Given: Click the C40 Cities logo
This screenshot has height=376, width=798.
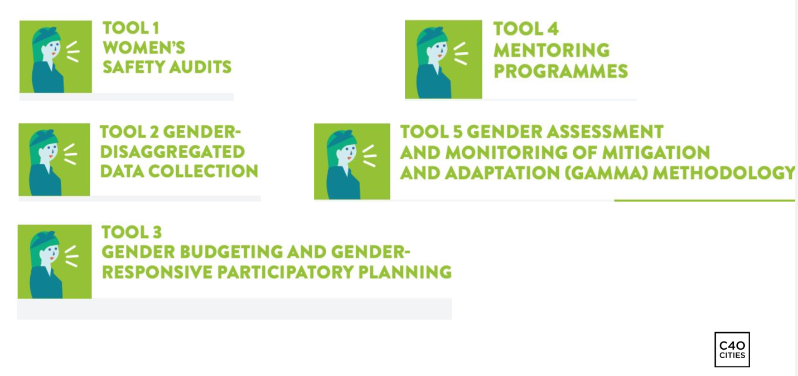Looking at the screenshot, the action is click(x=732, y=349).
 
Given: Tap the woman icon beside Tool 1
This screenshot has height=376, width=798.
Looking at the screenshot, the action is click(x=56, y=57).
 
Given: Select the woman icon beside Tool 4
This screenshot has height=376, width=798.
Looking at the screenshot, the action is click(x=443, y=60).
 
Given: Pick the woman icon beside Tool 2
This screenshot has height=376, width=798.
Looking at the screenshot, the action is click(x=54, y=159).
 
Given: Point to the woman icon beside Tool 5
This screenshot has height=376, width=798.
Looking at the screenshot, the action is click(x=352, y=162).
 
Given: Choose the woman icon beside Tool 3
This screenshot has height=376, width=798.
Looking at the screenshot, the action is click(x=55, y=261).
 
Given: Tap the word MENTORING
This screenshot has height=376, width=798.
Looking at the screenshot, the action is click(x=552, y=50).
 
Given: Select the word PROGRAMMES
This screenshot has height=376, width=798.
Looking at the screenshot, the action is click(x=561, y=71).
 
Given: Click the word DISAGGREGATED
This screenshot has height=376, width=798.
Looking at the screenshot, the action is click(x=172, y=152).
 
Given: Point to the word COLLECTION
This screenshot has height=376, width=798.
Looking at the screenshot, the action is click(x=203, y=171).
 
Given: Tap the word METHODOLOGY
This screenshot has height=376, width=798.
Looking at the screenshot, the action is click(x=724, y=173).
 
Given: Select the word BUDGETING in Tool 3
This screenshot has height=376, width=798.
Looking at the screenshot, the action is click(x=231, y=252).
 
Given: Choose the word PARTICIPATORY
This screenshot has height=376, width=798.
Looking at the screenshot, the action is click(x=286, y=272).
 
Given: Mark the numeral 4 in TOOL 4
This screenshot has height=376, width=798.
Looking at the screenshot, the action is click(x=553, y=29).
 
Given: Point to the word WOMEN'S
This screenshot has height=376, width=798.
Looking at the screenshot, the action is click(x=144, y=48).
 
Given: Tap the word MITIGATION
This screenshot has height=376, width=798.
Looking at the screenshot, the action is click(x=656, y=152).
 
